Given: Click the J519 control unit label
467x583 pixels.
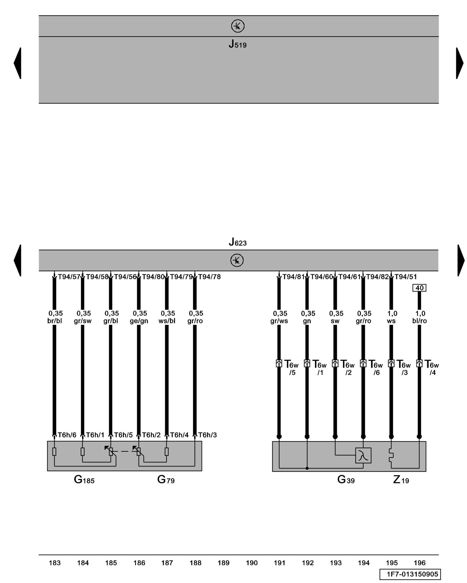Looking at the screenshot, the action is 237,44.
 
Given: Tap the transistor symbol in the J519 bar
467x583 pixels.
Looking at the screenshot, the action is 238,26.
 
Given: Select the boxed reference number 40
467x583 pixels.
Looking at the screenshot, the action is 419,288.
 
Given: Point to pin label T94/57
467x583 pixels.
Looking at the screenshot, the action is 69,277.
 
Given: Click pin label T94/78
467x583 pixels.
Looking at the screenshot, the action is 209,277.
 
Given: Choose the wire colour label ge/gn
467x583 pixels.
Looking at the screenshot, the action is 139,321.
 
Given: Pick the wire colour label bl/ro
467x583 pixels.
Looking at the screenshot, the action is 419,321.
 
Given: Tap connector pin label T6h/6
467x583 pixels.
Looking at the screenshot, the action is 67,435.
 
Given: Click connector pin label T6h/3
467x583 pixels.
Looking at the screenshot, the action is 207,435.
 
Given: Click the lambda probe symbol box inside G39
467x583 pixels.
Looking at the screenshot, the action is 363,455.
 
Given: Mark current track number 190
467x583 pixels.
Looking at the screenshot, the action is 252,563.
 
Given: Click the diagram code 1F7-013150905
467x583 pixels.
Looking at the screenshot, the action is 410,574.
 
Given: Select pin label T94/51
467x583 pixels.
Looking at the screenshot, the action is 406,277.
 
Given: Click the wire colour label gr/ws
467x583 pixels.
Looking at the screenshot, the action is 279,321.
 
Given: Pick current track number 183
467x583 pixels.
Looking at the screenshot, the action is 55,563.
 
